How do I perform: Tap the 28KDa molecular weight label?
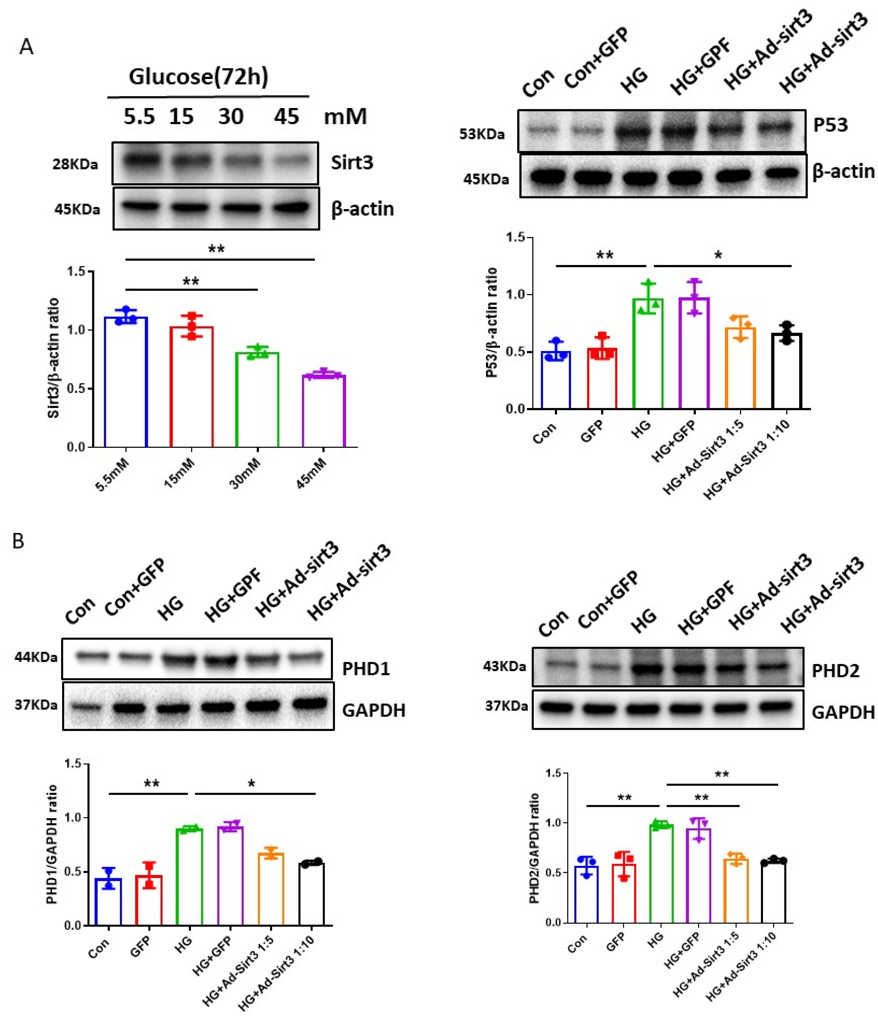[x=75, y=164]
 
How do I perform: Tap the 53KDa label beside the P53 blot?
[x=482, y=134]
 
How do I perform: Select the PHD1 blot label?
[x=366, y=669]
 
